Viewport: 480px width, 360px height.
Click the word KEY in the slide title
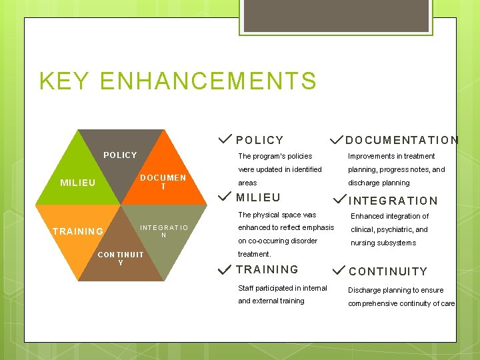[63, 81]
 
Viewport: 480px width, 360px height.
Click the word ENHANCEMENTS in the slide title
[207, 81]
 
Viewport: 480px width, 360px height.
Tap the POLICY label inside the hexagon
[120, 155]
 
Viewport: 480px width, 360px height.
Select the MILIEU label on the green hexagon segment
[78, 183]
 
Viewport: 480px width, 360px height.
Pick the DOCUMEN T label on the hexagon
[163, 183]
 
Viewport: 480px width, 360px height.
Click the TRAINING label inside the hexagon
[78, 231]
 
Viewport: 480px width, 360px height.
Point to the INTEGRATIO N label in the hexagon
[164, 231]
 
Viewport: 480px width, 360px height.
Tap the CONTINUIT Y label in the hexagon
[121, 258]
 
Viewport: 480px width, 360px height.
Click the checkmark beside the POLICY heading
[225, 139]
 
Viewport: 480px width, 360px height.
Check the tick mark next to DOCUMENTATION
[337, 139]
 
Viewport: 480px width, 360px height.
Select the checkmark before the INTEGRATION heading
[339, 198]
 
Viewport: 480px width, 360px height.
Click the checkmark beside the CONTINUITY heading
[339, 269]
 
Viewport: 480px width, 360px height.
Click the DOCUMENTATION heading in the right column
[402, 140]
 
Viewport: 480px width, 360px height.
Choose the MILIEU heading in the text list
[258, 197]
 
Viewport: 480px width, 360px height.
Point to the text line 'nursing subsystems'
[383, 243]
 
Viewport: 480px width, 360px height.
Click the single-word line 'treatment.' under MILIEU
[255, 254]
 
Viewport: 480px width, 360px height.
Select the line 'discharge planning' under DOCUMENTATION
[379, 183]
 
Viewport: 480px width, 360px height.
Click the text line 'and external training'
[271, 301]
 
